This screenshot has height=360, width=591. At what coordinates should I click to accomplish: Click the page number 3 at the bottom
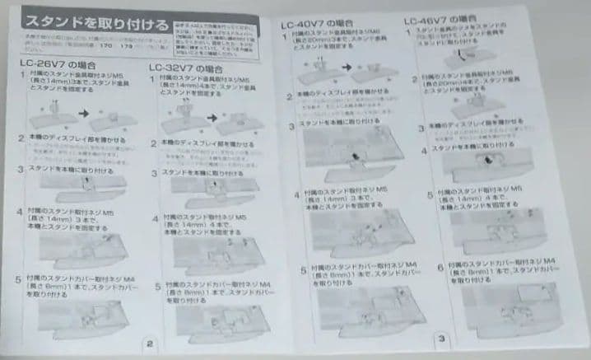coord(442,338)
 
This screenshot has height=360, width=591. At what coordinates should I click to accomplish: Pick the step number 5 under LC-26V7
coord(19,280)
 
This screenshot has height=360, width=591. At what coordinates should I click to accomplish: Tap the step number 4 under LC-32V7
coord(155,217)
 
